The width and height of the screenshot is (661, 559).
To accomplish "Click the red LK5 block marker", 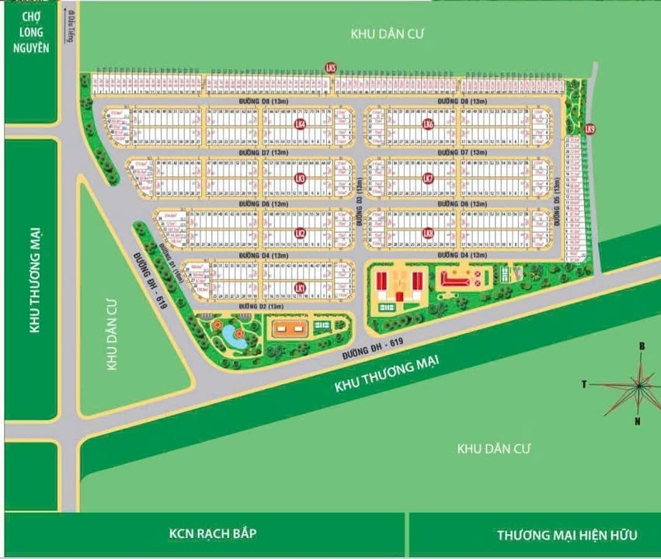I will tap(331, 69).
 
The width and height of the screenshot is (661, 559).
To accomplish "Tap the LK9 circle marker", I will tap(590, 130).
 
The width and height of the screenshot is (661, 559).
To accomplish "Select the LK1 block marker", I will tap(301, 288).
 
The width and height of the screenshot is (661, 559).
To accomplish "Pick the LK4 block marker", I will tap(301, 123).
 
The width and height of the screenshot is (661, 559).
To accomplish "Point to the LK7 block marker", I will tap(427, 179).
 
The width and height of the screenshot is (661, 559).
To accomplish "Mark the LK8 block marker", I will tap(427, 233).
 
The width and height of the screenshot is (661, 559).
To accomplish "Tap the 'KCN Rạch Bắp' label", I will tap(212, 534).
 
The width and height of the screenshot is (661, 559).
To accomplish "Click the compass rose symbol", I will tap(638, 384).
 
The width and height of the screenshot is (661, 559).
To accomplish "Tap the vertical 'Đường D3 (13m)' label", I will tap(360, 202).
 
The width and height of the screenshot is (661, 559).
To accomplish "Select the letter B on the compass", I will tap(642, 346).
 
